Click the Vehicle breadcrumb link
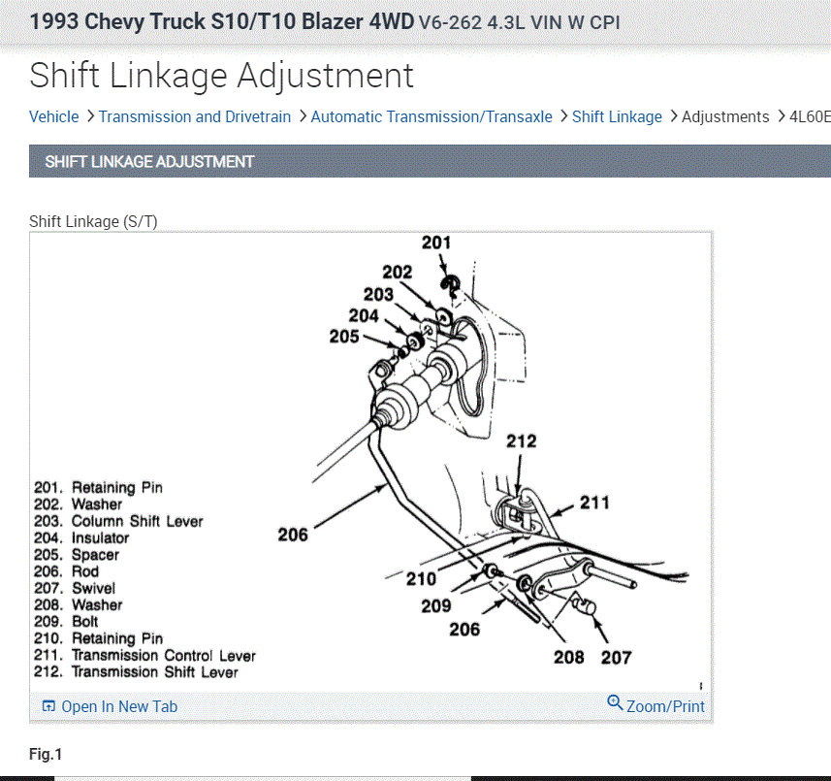pyautogui.click(x=53, y=116)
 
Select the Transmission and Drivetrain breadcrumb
pyautogui.click(x=194, y=116)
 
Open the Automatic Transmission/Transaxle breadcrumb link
pyautogui.click(x=431, y=116)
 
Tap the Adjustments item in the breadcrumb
pyautogui.click(x=725, y=116)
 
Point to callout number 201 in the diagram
pyautogui.click(x=435, y=243)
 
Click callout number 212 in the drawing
pyautogui.click(x=521, y=442)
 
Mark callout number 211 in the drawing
pyautogui.click(x=594, y=502)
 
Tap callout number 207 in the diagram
pyautogui.click(x=616, y=657)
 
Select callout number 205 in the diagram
pyautogui.click(x=343, y=337)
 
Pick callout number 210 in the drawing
pyautogui.click(x=421, y=579)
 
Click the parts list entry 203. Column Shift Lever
pyautogui.click(x=118, y=521)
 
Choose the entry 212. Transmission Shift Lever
pyautogui.click(x=136, y=671)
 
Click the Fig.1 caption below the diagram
pyautogui.click(x=46, y=754)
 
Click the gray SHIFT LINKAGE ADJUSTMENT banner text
pyautogui.click(x=149, y=162)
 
